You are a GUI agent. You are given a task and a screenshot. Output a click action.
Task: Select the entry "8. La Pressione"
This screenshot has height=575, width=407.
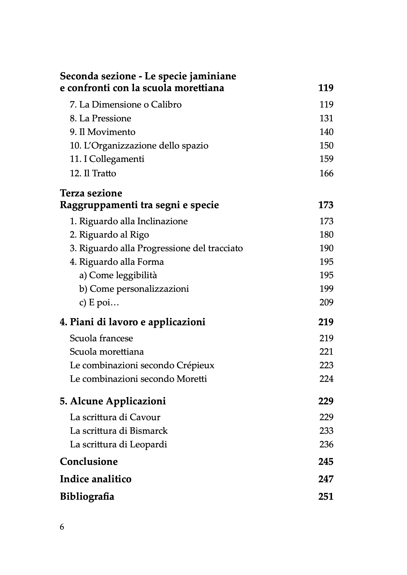[x=100, y=118]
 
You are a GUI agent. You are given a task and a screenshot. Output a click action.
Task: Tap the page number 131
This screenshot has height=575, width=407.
[x=326, y=118]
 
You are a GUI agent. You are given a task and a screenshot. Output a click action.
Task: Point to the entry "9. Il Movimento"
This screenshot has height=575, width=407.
[x=102, y=132]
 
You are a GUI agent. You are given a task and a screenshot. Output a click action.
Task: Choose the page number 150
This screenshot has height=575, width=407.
[x=326, y=145]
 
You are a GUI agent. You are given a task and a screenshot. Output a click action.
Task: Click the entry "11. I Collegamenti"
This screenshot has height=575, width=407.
[x=107, y=159]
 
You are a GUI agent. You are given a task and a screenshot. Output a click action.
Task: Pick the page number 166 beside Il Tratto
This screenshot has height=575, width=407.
[x=326, y=173]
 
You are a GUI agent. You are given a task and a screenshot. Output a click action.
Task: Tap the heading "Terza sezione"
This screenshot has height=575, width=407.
[x=91, y=193]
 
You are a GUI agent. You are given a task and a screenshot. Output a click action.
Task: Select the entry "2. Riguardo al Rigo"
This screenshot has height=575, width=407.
[x=109, y=235]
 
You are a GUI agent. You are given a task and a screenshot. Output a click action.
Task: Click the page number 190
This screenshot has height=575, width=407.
[x=326, y=248]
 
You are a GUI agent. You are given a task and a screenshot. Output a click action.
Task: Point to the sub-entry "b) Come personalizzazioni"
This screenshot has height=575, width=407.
[x=134, y=289]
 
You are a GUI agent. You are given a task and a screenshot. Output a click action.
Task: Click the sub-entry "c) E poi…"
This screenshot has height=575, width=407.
[x=99, y=303]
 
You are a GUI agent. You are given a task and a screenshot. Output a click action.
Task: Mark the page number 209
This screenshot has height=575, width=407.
[x=326, y=303]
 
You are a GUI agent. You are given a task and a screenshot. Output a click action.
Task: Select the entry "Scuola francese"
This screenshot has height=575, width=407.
[x=101, y=338]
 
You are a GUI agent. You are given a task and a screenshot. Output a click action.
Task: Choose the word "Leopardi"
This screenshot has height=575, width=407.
[x=148, y=444]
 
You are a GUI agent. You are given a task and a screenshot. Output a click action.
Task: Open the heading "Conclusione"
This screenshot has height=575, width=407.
[x=89, y=462]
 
